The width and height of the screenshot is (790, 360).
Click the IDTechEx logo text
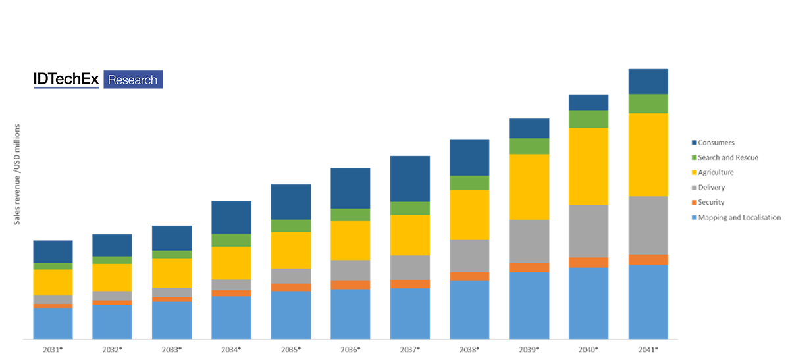tap(66, 80)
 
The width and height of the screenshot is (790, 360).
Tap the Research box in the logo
tap(133, 80)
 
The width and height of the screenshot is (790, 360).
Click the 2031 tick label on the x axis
tap(53, 349)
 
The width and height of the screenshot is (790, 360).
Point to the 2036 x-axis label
tap(350, 349)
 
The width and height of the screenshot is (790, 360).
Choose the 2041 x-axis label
tap(648, 349)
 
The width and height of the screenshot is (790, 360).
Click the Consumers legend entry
tap(716, 142)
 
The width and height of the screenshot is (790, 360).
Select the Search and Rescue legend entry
tap(728, 157)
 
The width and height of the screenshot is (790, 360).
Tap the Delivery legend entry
tap(712, 188)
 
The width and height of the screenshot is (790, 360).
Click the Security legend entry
tap(712, 203)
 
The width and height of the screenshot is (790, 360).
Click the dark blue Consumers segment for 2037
tap(410, 178)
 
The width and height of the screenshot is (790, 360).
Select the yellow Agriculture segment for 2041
tap(648, 155)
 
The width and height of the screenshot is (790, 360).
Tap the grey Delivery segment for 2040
tap(589, 231)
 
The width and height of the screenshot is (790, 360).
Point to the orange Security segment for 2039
tap(529, 267)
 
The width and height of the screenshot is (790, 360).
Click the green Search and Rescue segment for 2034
tap(231, 240)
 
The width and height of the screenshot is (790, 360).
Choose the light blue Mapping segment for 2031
tap(53, 323)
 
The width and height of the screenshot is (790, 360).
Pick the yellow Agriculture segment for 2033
tap(172, 272)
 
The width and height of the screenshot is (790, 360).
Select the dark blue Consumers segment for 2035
tap(291, 201)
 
